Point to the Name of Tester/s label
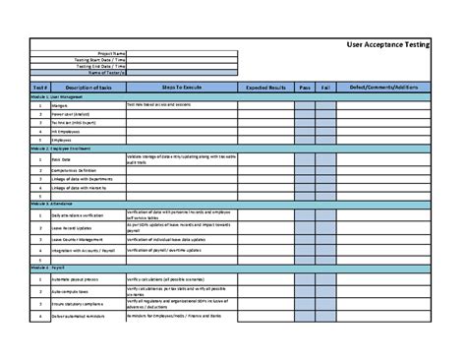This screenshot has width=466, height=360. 107,72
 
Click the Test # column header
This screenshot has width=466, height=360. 38,88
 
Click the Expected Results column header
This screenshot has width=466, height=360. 264,88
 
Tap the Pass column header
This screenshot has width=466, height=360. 305,88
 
